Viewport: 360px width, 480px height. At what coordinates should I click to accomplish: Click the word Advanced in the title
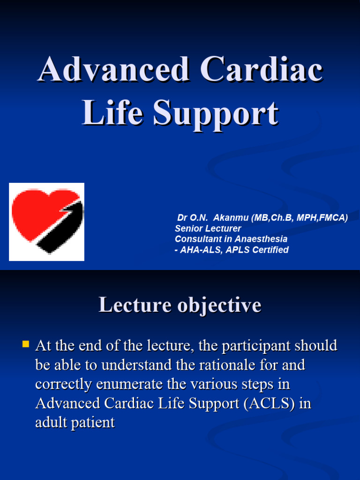point(115,71)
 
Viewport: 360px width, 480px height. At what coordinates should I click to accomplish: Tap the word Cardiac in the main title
point(262,71)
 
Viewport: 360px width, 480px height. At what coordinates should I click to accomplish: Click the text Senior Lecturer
point(208,229)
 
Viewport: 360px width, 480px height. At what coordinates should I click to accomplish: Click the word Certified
point(270,250)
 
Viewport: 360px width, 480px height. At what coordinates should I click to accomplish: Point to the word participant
point(257,346)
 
